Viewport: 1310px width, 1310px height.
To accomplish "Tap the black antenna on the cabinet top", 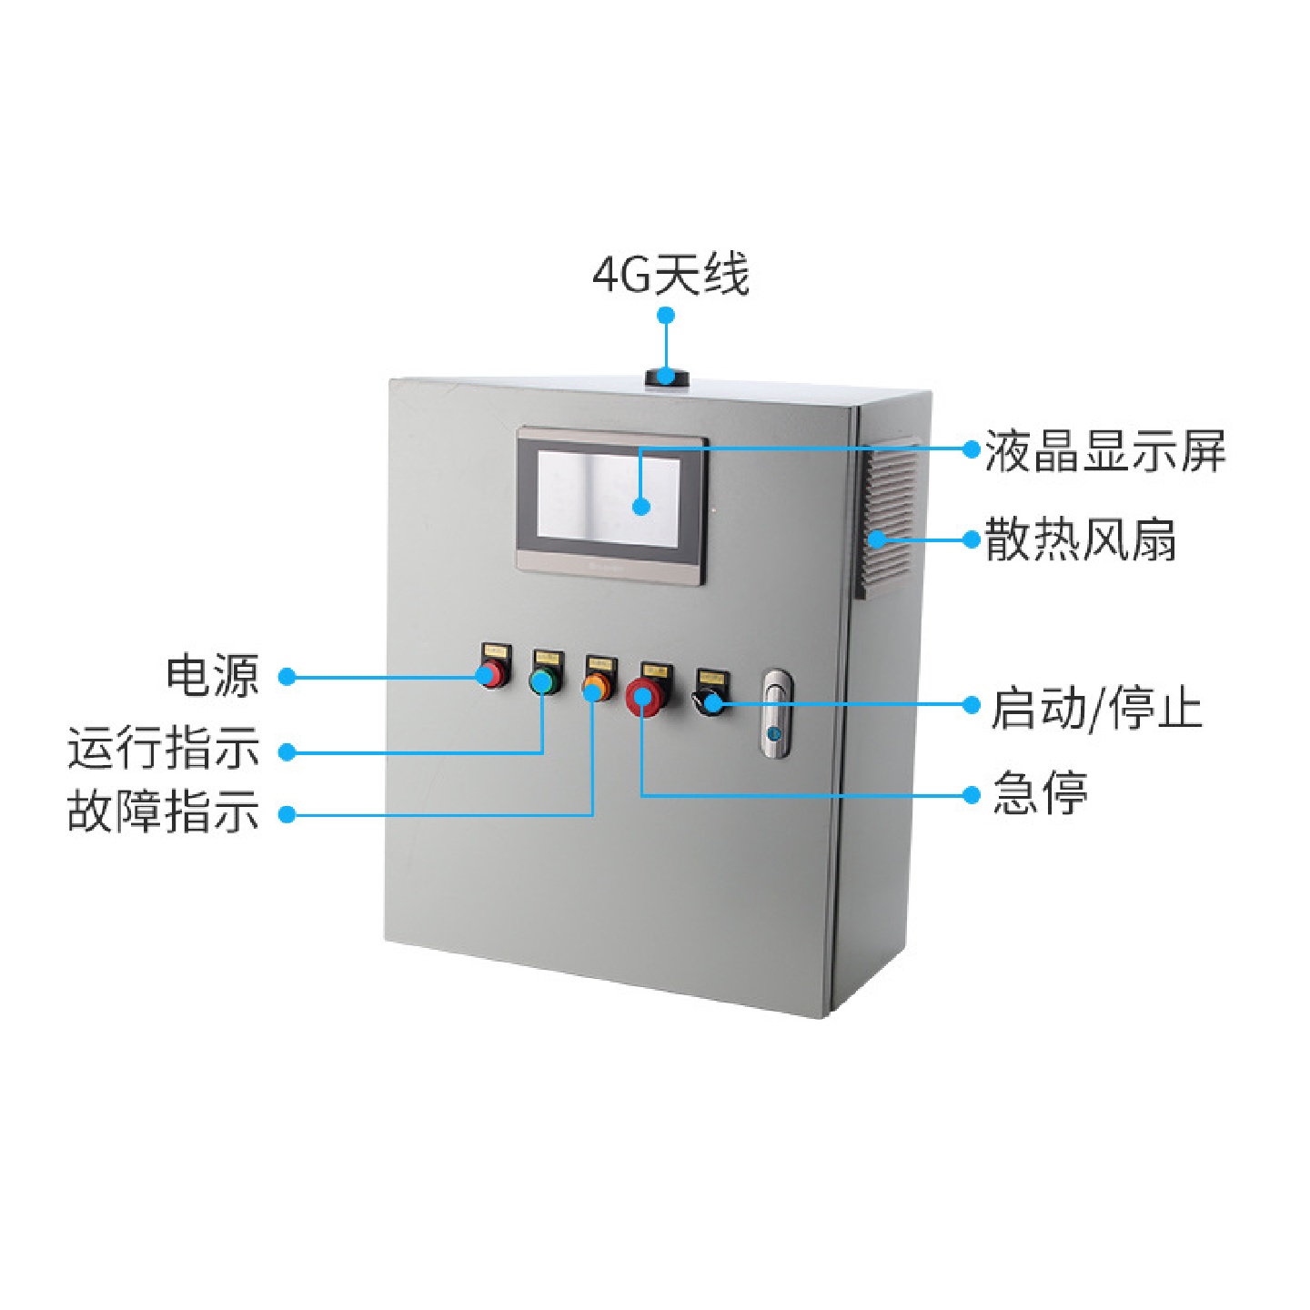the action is (666, 376).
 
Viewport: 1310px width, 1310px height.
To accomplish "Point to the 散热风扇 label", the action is (1081, 539).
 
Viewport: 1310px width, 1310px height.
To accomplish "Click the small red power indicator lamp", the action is (492, 674).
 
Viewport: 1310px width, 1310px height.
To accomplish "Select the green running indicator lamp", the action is (544, 680).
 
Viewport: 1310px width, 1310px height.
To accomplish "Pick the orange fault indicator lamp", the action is (596, 684).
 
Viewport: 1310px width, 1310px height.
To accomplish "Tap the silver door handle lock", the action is (776, 713).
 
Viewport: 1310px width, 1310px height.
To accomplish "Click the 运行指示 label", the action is (164, 748).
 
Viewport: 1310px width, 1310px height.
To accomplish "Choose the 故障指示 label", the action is (164, 811).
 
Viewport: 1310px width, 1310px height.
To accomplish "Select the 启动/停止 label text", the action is (1096, 708).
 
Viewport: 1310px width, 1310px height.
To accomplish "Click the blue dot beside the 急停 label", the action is (972, 795).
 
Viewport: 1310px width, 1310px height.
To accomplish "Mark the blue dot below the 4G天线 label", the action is (666, 316).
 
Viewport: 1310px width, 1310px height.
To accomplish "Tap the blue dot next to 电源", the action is (287, 677).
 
